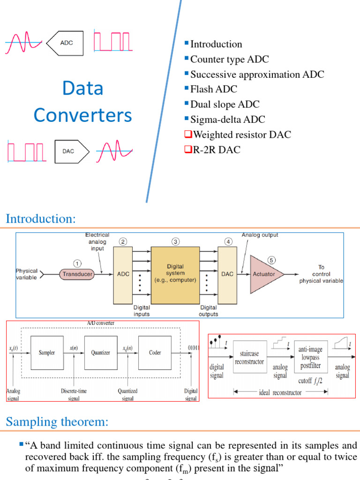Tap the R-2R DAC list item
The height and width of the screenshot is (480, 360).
coord(216,150)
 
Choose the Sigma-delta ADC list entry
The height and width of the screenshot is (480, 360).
coord(227,120)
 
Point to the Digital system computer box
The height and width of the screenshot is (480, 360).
coord(175,273)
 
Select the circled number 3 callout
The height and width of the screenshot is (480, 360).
coord(175,242)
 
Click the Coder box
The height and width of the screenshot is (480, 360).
coord(155,352)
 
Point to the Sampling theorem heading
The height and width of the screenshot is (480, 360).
coord(57,422)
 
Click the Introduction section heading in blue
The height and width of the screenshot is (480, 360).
coord(40,218)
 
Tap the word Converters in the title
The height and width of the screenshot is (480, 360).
coord(83,115)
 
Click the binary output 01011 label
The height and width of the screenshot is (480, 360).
coord(191,348)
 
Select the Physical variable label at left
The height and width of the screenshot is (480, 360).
coord(27,274)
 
